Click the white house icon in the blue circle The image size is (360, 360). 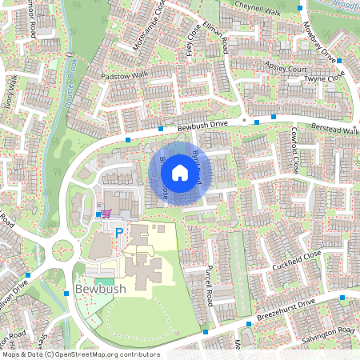[x=180, y=171]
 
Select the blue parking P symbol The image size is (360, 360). [x=120, y=232]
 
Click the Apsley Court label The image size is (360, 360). [x=285, y=70]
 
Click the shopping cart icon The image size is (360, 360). [x=105, y=213]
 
